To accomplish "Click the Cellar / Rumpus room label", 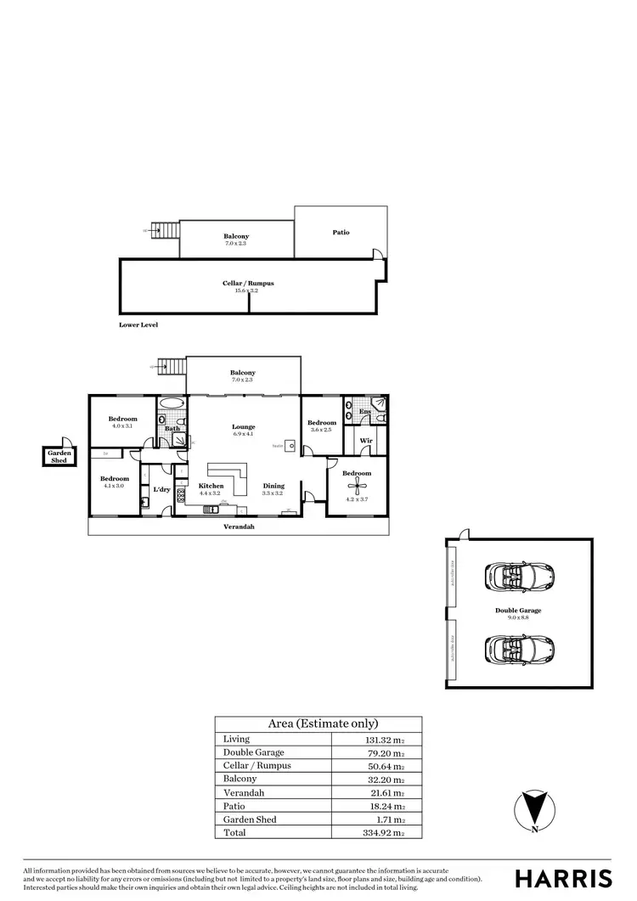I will (248, 283).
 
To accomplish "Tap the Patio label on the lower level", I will (341, 232).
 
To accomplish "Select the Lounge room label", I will (244, 426).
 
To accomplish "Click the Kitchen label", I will (211, 486).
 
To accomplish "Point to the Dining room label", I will (273, 486).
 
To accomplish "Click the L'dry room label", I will (161, 489).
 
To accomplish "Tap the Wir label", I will (366, 441).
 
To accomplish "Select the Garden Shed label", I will (59, 457).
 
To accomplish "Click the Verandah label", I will (239, 527).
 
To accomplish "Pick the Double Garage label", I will (518, 610).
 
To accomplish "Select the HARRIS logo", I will (563, 877).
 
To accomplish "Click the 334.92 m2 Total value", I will (379, 833).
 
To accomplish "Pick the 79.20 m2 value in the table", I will (379, 752).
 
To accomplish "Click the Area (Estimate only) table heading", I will (323, 724).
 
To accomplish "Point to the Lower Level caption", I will (138, 324).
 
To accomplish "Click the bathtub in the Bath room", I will (171, 403).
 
